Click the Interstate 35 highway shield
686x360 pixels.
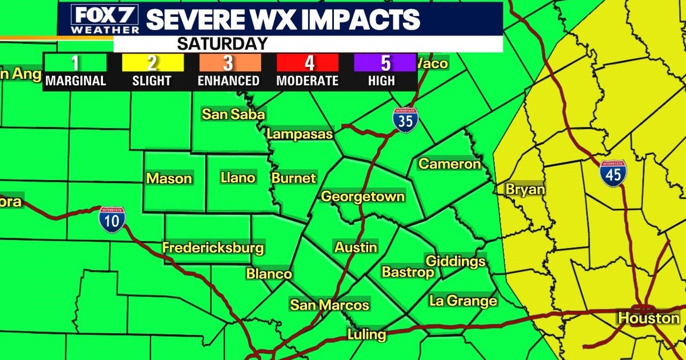405,120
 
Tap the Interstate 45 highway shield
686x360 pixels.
613,173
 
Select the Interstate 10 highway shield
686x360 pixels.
111,219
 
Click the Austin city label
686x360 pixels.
356,247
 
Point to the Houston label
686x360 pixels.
649,318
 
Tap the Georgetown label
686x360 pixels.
363,197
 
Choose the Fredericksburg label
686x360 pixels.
213,248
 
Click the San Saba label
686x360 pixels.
233,114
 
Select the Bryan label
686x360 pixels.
525,190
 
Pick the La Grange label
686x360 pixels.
463,301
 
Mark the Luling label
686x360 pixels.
367,334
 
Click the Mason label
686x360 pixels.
169,178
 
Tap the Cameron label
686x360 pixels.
450,164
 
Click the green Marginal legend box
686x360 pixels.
75,62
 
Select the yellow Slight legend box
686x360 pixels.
151,62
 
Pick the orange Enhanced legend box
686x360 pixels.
229,62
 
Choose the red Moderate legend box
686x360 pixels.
307,62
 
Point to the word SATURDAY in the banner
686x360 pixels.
222,43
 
